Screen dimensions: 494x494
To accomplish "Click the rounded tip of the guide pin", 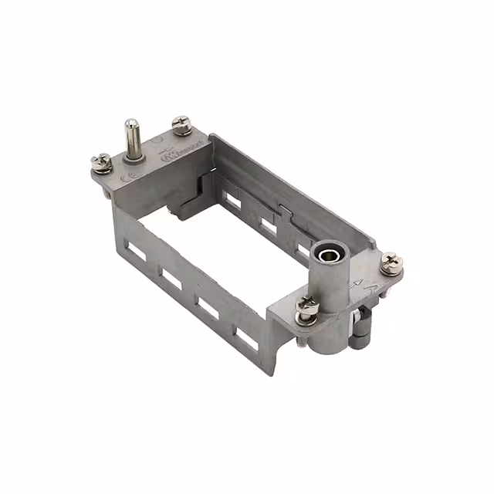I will (132, 124).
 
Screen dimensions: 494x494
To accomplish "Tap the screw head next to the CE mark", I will (100, 161).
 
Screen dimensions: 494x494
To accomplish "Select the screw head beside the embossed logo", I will (181, 123).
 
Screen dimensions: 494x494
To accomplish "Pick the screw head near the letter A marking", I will (391, 262).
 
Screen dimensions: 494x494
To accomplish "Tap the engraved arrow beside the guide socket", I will (356, 283).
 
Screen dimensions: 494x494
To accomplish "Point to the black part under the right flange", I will (360, 333).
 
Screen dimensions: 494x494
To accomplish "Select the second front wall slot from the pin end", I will (172, 279).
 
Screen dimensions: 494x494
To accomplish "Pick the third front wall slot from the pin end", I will (208, 307).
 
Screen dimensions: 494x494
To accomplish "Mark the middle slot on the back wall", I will (269, 226).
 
